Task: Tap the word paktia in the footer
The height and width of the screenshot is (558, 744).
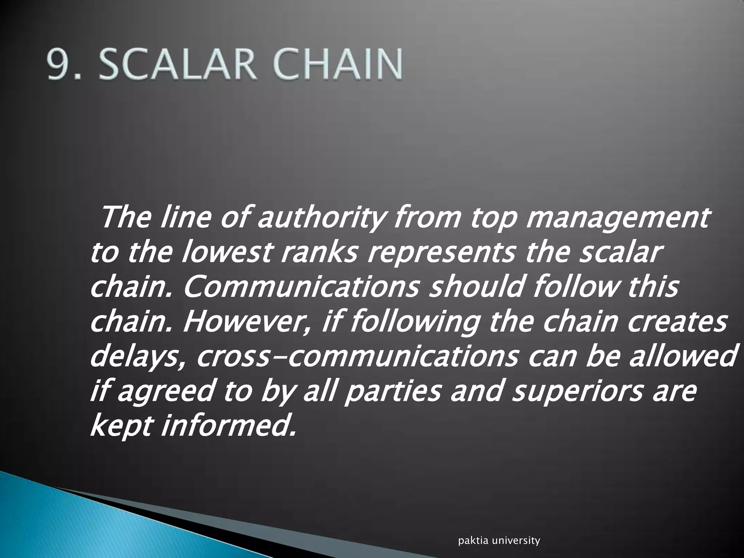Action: (471, 541)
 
